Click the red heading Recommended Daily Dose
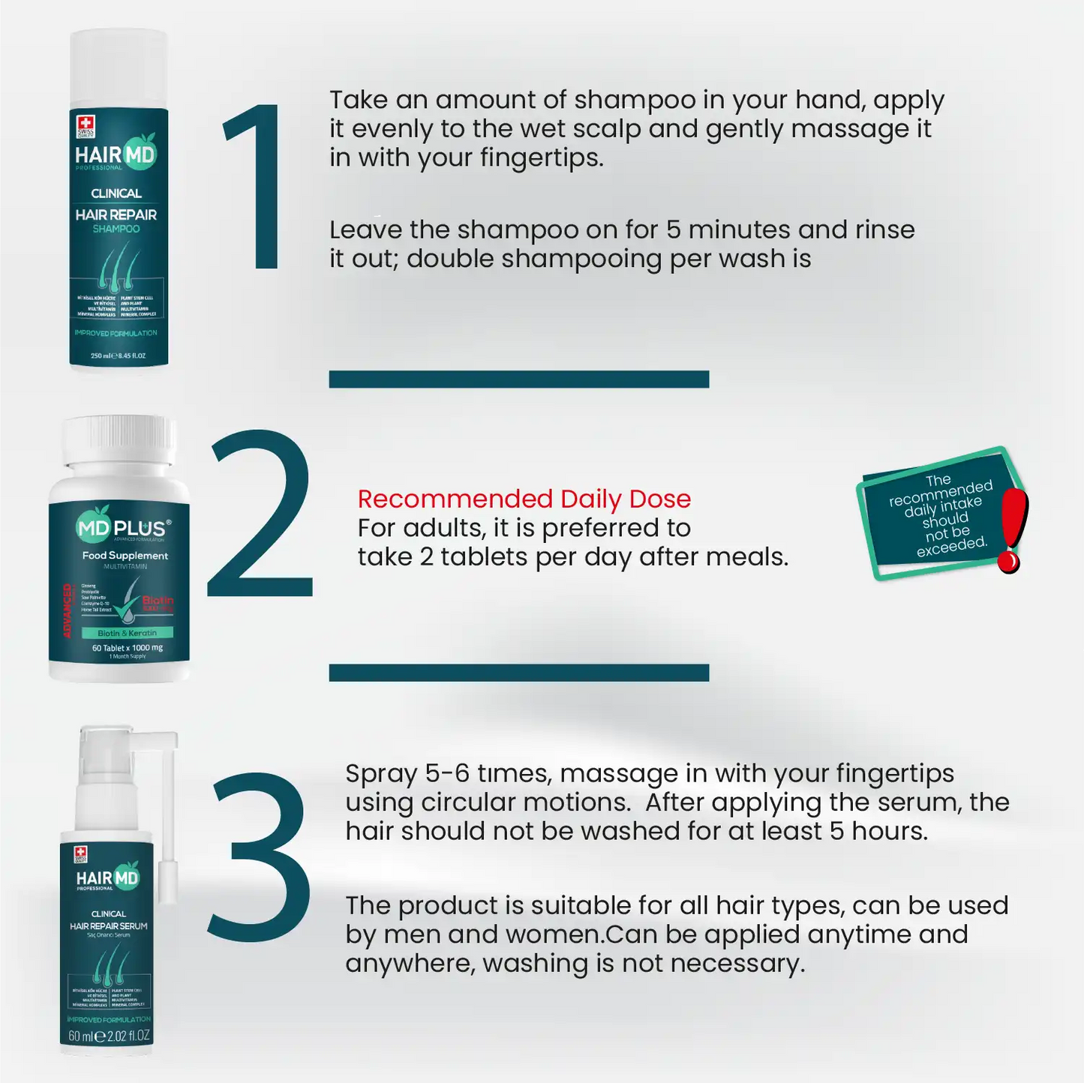point(524,499)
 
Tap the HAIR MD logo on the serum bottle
point(107,878)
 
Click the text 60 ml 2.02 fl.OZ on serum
point(109,1036)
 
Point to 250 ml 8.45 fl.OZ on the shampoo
point(118,355)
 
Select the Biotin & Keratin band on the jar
point(127,633)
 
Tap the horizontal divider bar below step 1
point(518,379)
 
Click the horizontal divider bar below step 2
point(518,672)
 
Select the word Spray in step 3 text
point(381,773)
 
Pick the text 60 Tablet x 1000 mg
point(127,647)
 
